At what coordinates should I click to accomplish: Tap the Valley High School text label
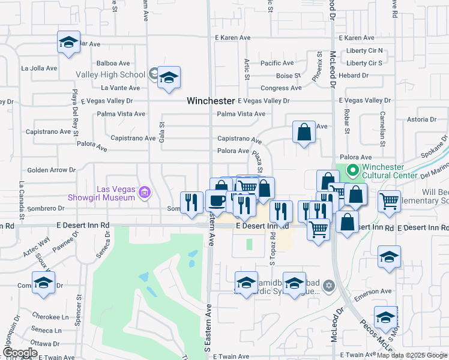[110, 75]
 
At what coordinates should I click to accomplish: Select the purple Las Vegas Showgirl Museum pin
[144, 193]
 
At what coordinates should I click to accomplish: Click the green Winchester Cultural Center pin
[352, 171]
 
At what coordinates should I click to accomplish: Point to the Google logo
[20, 353]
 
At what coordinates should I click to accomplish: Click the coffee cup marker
[216, 200]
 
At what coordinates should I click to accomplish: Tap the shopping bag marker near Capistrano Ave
[304, 132]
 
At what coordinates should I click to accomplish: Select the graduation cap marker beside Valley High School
[169, 77]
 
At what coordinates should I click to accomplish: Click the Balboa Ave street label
[113, 63]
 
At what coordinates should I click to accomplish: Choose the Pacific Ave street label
[277, 63]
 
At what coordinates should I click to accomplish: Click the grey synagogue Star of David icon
[328, 284]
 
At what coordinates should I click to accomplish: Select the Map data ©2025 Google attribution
[411, 355]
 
